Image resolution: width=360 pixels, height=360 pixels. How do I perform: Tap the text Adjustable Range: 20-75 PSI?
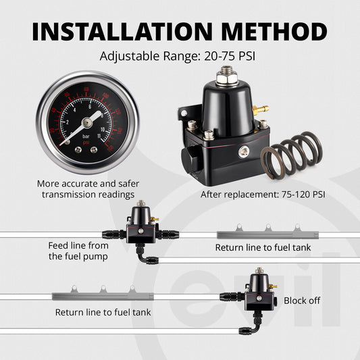tap(179, 56)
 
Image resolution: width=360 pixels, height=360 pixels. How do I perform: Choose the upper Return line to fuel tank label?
tap(263, 248)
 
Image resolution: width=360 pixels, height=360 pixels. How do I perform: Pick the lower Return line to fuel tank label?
tap(103, 312)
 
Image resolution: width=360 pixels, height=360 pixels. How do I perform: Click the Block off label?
tap(301, 301)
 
